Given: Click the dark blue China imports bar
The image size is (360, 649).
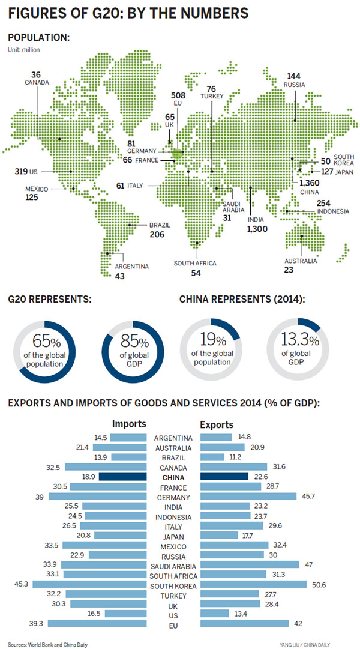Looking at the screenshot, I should coord(123,477).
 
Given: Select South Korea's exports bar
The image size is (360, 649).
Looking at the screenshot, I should coord(253,585).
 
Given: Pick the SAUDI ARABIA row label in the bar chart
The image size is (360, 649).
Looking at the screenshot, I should coord(173,566).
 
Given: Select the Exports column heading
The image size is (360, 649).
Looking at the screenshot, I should coord(217,424).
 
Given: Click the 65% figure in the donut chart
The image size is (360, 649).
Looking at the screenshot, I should coord(47,342).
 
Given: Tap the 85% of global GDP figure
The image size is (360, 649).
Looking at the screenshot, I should coord(136,342).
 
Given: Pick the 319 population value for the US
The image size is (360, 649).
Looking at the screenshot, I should coord(21,171).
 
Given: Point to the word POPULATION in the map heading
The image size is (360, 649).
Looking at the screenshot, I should coord(37,38).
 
